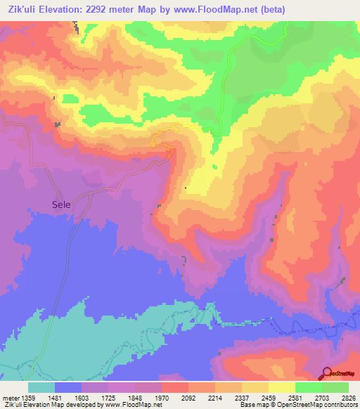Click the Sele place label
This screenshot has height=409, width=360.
tap(61, 204)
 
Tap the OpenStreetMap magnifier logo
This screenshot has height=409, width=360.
tap(327, 374)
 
